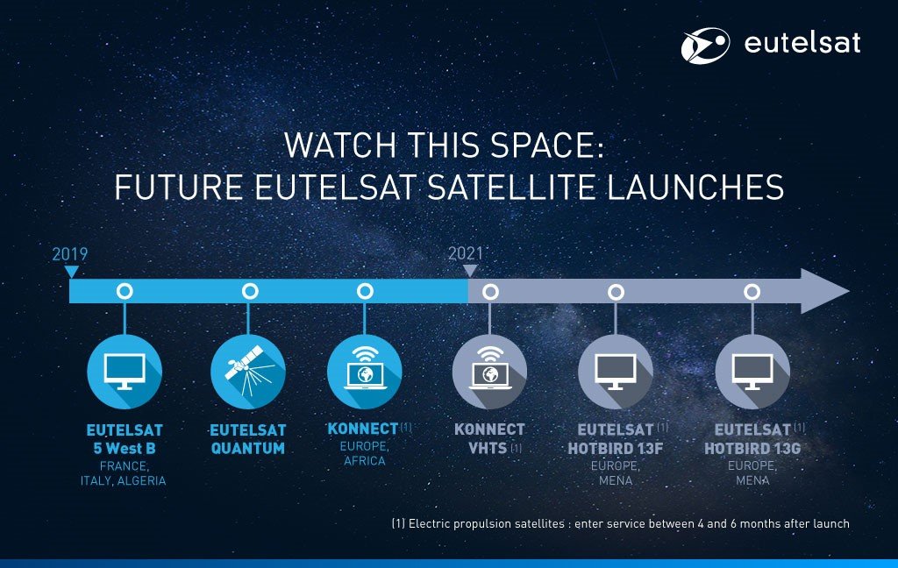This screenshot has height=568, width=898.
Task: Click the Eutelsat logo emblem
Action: [705, 45]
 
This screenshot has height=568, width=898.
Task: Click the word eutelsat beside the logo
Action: [802, 43]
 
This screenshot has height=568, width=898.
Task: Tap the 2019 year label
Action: [70, 254]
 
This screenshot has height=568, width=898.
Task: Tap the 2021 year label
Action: [466, 253]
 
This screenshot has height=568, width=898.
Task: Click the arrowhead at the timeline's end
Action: [823, 291]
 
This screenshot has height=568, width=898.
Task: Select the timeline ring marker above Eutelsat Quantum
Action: [250, 291]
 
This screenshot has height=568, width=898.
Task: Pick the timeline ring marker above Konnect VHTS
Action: [490, 292]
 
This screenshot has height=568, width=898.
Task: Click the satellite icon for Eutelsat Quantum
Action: [248, 370]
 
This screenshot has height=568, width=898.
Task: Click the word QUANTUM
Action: [248, 448]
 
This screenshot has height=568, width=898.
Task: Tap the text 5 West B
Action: [125, 448]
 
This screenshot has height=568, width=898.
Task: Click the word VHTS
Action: [488, 448]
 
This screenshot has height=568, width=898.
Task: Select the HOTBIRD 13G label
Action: [752, 448]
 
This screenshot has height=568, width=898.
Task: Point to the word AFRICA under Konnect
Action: [365, 461]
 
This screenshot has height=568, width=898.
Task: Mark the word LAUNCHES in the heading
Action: [695, 188]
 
